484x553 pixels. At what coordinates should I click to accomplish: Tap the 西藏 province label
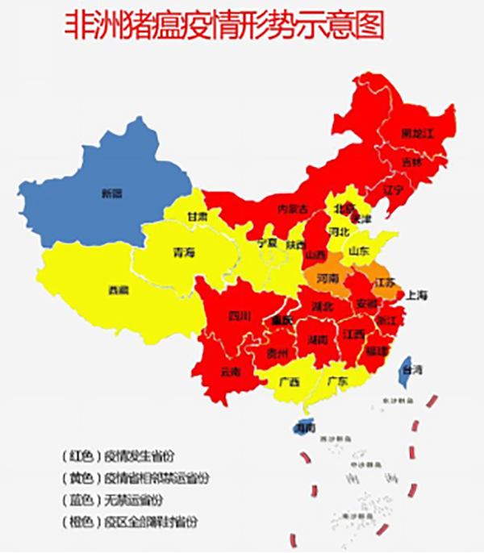119,289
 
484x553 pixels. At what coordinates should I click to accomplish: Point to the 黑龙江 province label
419,134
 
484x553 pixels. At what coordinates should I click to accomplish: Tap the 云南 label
230,372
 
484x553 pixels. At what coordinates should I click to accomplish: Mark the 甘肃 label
198,217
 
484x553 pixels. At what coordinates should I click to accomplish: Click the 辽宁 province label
392,190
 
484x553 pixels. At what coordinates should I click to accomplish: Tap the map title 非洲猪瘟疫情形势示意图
224,24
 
